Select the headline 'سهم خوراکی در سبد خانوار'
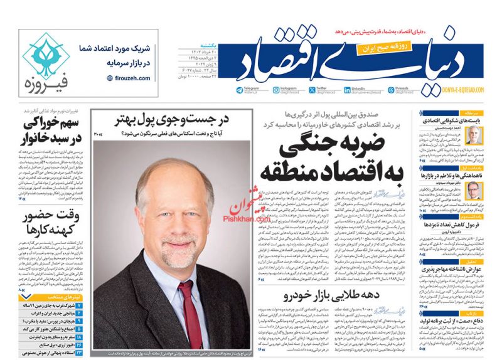point(51,130)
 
